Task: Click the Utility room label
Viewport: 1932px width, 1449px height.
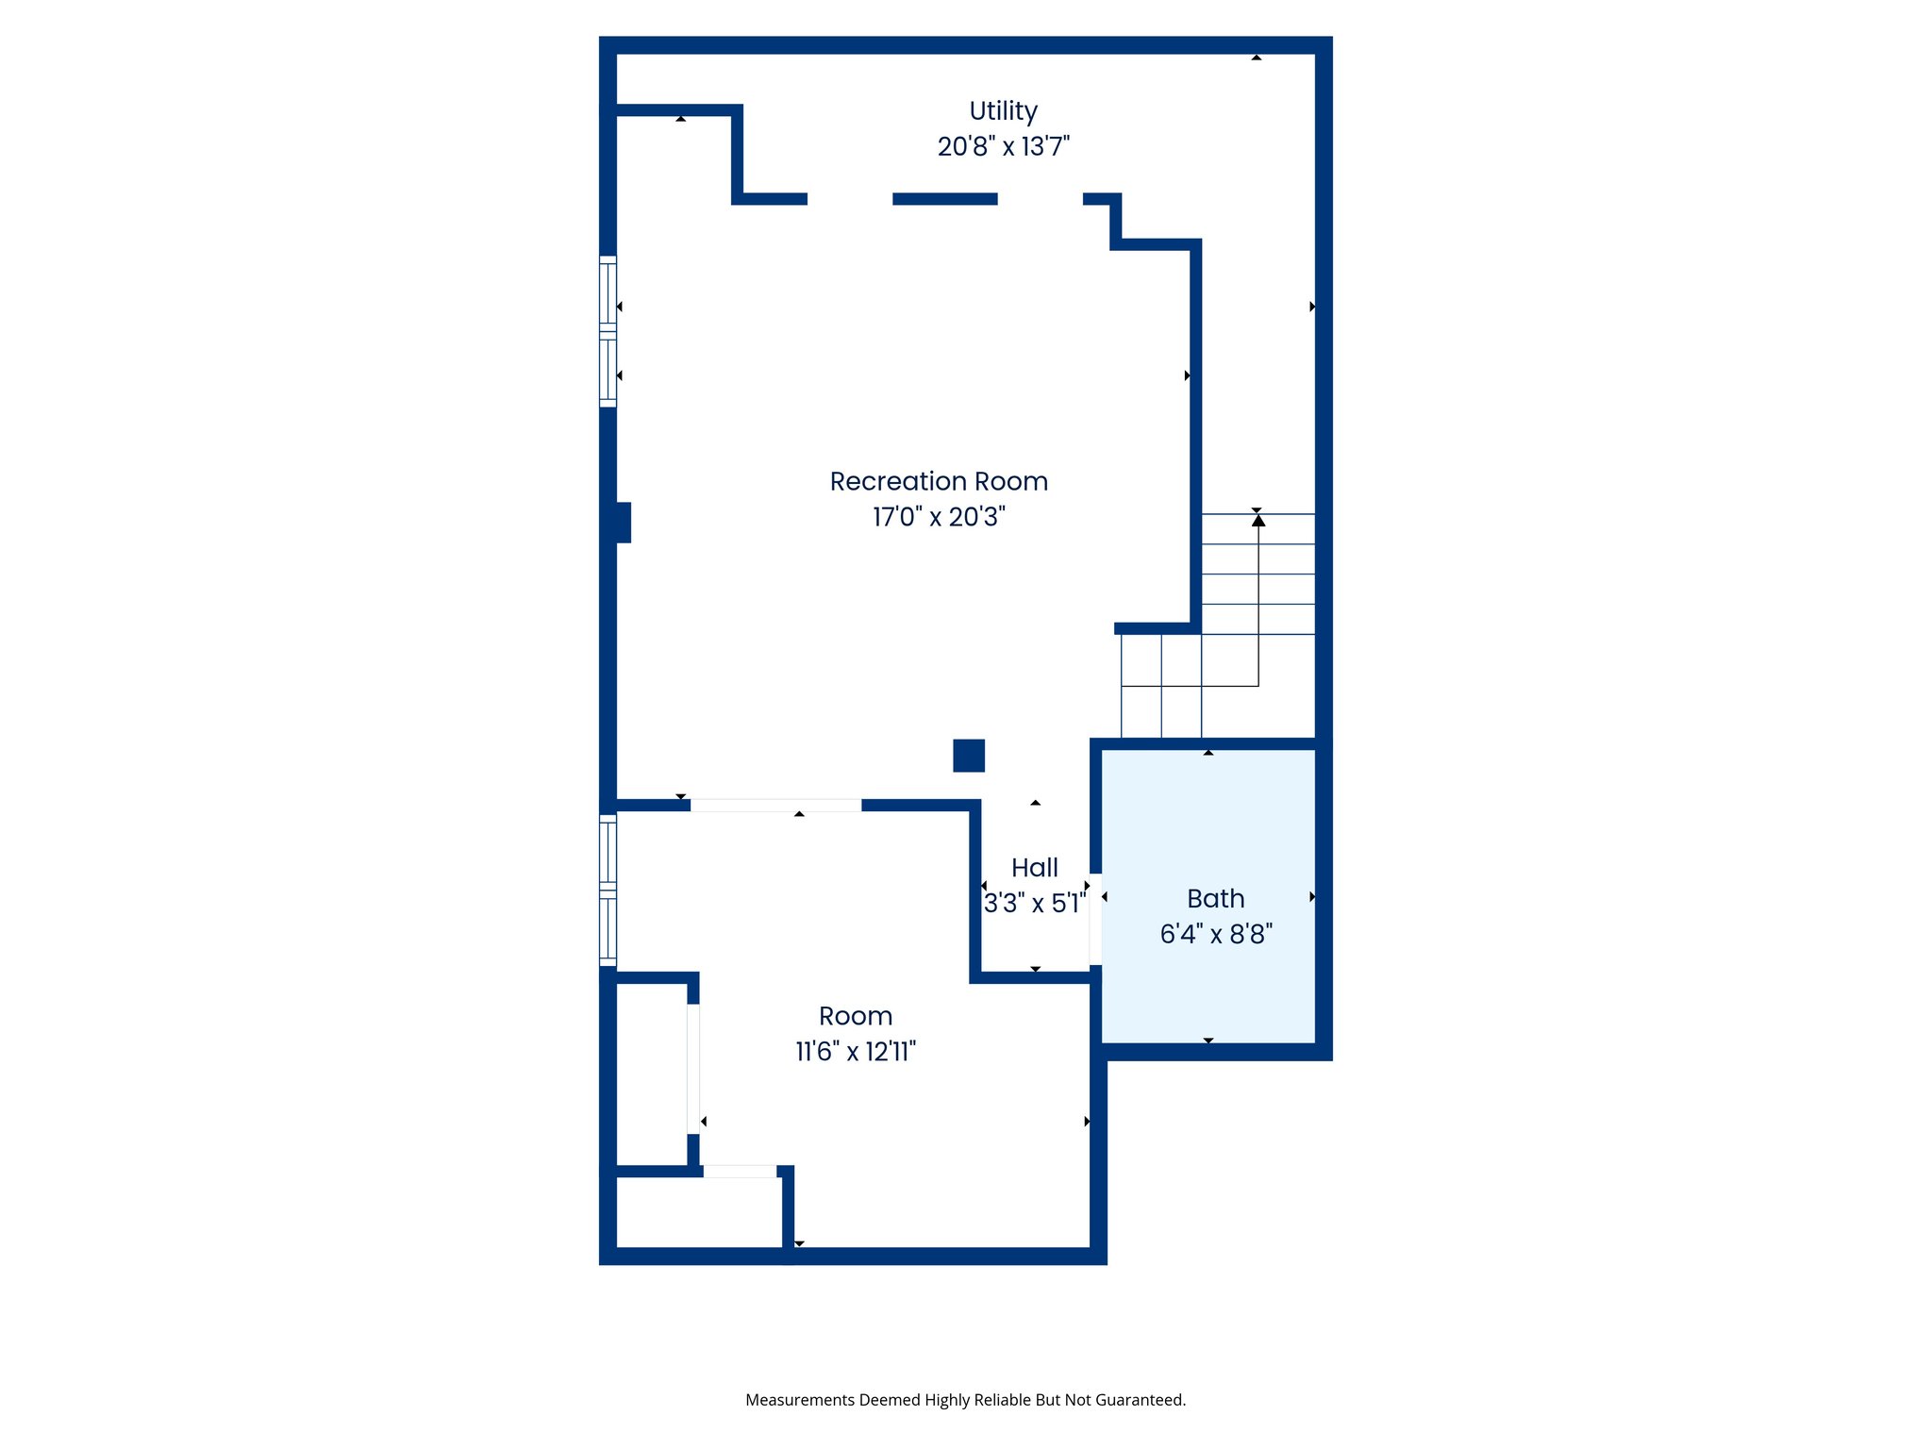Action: (1003, 111)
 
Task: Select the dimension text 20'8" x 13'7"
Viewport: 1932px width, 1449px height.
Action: (1003, 147)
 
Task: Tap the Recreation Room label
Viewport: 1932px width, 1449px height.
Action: (939, 482)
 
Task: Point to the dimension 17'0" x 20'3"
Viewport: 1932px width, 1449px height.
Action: (939, 517)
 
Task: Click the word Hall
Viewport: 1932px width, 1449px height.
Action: (1034, 868)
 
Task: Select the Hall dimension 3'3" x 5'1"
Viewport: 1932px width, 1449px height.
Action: (1034, 904)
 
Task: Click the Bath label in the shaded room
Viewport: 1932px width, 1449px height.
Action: (1215, 899)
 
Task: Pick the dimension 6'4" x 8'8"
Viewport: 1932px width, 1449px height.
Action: (1215, 934)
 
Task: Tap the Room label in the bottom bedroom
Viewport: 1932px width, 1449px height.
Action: (855, 1016)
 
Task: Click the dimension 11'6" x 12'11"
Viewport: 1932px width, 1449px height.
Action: (855, 1052)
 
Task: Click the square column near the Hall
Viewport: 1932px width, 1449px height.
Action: (969, 756)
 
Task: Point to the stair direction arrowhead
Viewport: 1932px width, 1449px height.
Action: (1257, 521)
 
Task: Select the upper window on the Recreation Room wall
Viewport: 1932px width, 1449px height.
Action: (608, 331)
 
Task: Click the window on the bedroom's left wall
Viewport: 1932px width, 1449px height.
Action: (608, 891)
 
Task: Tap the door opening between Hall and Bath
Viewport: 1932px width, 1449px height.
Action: (1095, 919)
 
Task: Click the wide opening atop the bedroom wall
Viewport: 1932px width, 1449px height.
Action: (775, 806)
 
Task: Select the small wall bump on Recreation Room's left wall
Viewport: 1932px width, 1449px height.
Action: (623, 523)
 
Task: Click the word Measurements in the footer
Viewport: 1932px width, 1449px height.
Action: (799, 1400)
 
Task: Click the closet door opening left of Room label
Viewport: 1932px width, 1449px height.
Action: (693, 1068)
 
